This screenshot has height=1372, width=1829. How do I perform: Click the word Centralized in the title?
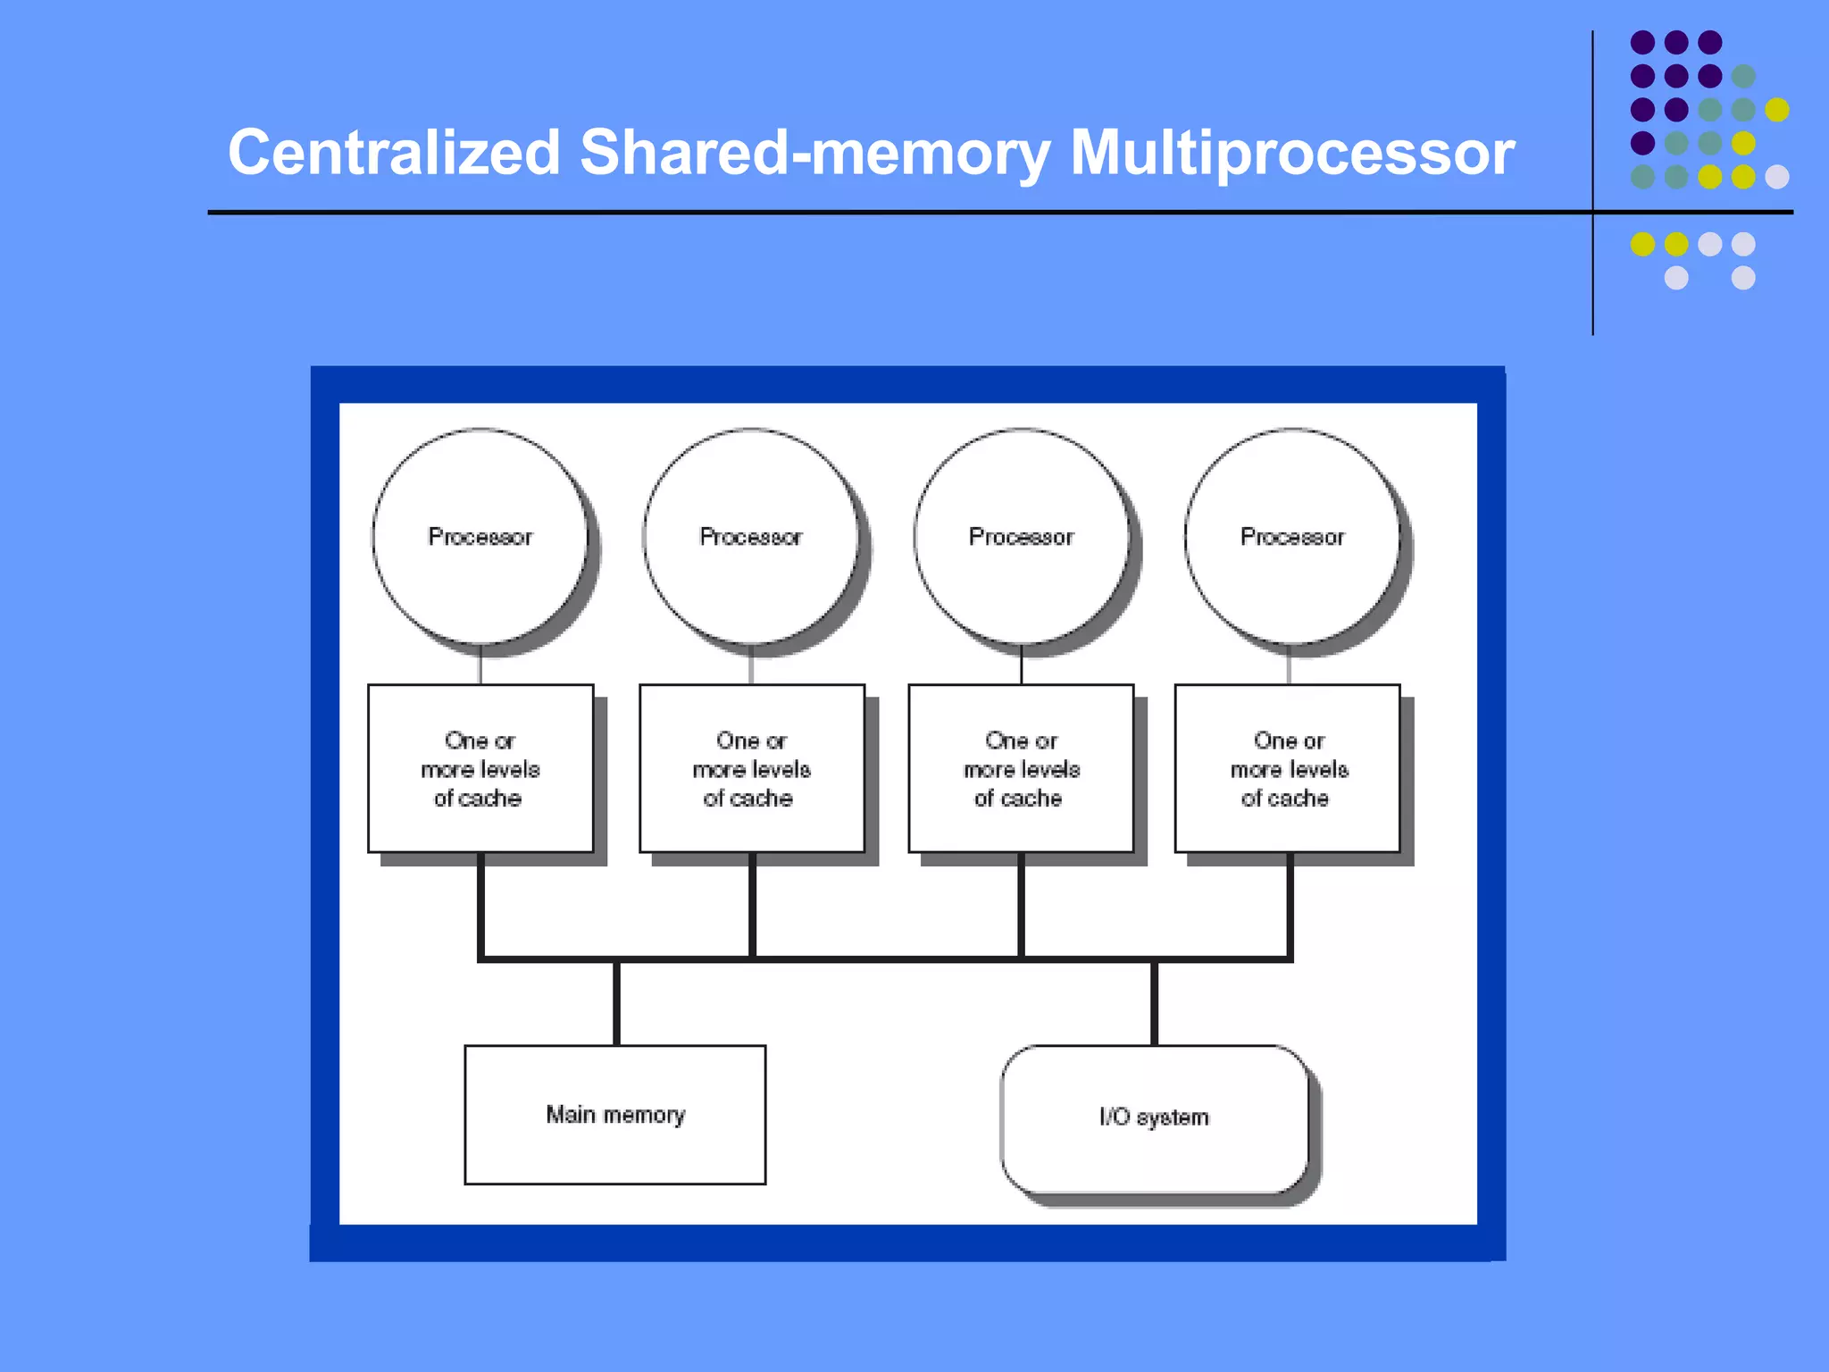coord(393,152)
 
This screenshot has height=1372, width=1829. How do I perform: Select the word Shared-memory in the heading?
coord(814,154)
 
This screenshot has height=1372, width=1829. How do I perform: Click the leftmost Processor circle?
coord(480,536)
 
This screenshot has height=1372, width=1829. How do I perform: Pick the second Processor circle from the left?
coord(751,536)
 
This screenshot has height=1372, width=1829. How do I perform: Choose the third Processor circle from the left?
coord(1022,536)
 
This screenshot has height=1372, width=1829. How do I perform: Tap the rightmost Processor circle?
coord(1292,536)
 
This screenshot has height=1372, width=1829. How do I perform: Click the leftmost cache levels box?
coord(480,768)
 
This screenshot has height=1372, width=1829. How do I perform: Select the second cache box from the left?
coord(752,768)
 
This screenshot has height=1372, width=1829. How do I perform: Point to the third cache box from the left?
coord(1022,768)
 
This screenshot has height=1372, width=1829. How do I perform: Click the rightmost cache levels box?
coord(1288,768)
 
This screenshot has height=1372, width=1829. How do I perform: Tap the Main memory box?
coord(615,1115)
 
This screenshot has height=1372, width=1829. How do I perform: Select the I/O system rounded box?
coord(1155,1118)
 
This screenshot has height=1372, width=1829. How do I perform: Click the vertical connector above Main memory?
coord(616,1002)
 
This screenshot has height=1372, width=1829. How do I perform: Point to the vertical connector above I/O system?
coord(1155,1002)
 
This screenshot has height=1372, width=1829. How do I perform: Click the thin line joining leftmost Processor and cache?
coord(480,665)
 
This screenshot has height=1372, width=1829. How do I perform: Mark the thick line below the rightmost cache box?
coord(1290,904)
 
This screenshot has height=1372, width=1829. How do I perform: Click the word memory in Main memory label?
coord(644,1116)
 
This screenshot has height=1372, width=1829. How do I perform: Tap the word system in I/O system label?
coord(1173,1118)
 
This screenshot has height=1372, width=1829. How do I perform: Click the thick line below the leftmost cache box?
coord(480,904)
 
